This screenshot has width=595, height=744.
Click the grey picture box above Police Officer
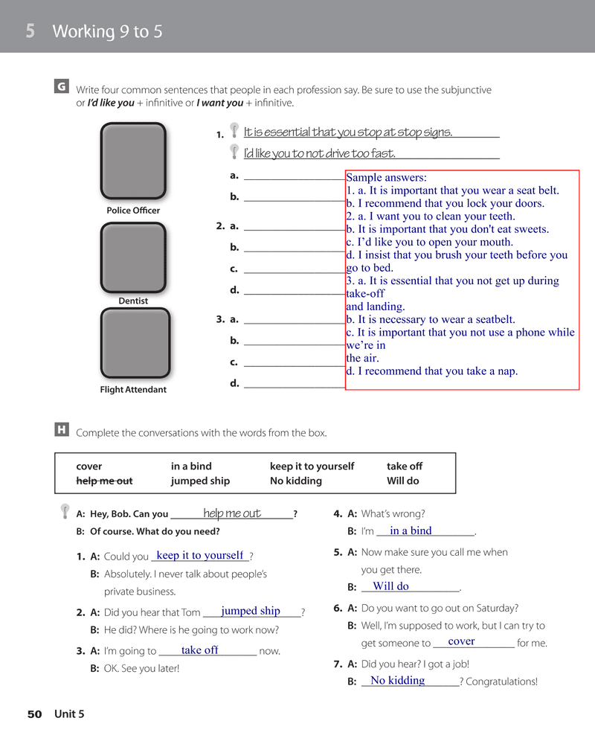click(133, 161)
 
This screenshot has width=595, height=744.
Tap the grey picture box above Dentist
click(133, 257)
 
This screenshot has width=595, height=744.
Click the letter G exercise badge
click(62, 87)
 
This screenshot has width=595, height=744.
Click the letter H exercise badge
click(62, 429)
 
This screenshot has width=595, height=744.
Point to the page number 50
click(34, 714)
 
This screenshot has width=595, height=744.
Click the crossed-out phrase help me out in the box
click(104, 481)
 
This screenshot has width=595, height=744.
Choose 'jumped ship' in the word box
click(200, 481)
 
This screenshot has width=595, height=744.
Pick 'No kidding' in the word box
click(296, 481)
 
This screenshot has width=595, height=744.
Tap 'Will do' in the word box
click(402, 481)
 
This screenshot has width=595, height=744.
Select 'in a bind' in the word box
click(191, 466)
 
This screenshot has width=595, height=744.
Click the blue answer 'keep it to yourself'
click(200, 555)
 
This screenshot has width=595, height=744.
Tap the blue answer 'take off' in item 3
click(199, 650)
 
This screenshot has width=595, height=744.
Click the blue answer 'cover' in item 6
click(461, 641)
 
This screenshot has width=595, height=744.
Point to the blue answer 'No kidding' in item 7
click(397, 680)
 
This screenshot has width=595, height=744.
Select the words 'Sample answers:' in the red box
click(386, 177)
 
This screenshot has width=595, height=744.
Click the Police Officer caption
click(133, 211)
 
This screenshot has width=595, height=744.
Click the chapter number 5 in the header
click(30, 31)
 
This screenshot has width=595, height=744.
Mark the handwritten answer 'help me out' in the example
click(232, 513)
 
